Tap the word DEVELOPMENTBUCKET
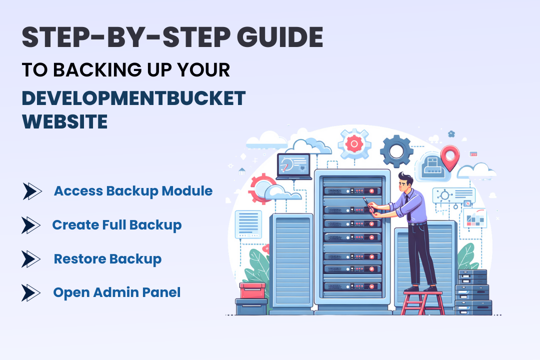pos(134,98)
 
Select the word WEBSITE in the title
pos(65,121)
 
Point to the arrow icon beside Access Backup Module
pos(32,191)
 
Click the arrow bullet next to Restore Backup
pos(31,259)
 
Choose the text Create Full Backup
pos(117,225)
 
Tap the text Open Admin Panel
pos(117,292)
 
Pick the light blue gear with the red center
pos(354,144)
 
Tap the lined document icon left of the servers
pos(248,223)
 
